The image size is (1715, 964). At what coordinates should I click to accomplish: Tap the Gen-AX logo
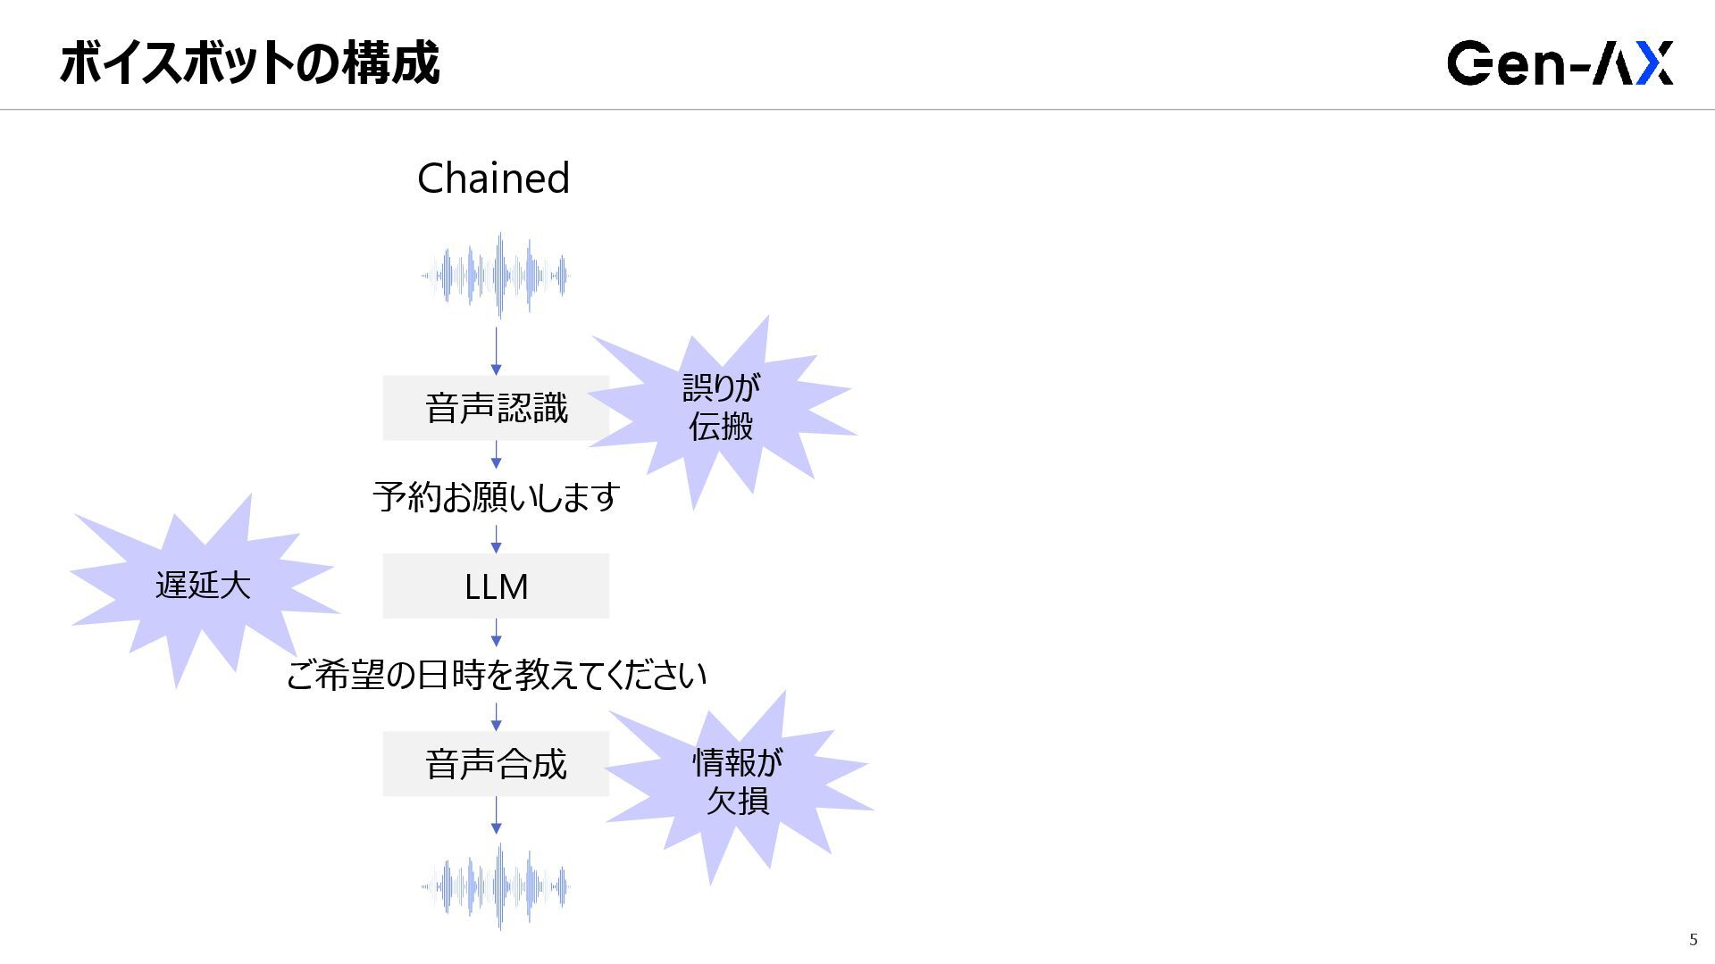1560,62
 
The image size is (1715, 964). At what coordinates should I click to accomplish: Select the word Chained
493,179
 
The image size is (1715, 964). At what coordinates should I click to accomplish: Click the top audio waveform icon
497,275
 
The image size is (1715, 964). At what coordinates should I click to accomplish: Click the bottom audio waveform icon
497,886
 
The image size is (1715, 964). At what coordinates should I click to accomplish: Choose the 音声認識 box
496,408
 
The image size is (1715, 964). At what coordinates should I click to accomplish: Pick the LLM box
496,586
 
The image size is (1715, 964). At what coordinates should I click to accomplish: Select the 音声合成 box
496,764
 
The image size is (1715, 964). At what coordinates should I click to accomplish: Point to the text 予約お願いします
496,497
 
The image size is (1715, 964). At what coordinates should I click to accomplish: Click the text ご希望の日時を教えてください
496,675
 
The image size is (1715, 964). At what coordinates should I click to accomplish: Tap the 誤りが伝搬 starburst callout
722,407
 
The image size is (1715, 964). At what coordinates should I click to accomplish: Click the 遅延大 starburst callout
203,586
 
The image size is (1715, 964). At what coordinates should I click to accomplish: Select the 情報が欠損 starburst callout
737,782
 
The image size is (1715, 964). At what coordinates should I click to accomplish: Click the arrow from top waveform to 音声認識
497,351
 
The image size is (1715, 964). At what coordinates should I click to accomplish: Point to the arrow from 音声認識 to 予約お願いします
497,454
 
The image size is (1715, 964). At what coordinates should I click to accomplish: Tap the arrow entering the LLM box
497,539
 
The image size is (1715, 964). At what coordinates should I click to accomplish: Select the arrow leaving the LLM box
497,633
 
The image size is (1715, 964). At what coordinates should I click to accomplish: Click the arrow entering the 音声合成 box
497,717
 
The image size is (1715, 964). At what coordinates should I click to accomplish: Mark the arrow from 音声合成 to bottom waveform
497,816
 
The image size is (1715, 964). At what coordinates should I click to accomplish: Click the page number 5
1693,939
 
